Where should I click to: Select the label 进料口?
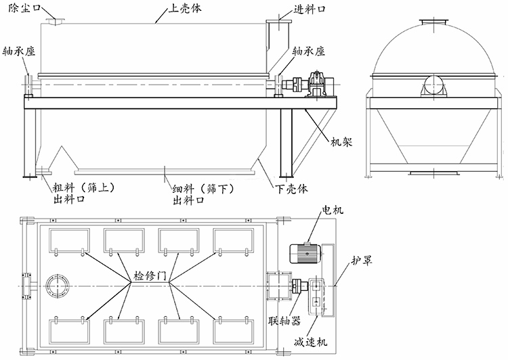[311, 12]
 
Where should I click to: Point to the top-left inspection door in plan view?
[70, 240]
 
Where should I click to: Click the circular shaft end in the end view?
[434, 87]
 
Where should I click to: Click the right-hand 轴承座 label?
[310, 51]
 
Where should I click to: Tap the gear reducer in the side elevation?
[318, 85]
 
